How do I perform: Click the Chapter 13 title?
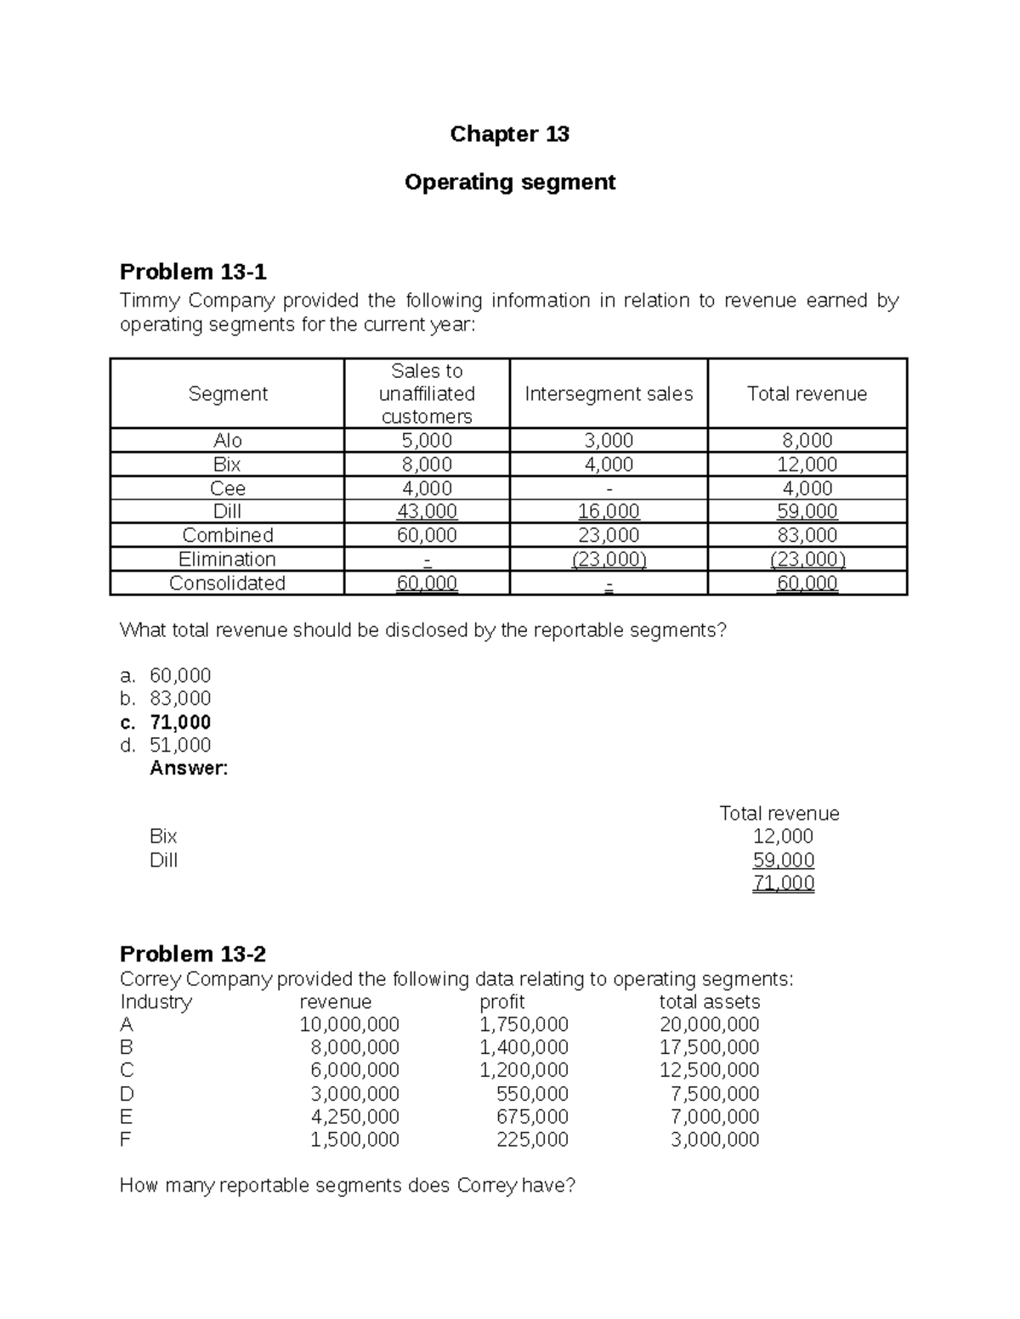click(x=509, y=134)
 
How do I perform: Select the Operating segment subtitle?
click(x=509, y=183)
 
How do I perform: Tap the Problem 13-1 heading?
click(x=193, y=272)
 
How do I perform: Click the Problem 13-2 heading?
click(x=193, y=954)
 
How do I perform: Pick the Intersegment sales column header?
click(x=609, y=394)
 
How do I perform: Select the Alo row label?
click(x=227, y=441)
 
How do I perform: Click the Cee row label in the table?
click(x=227, y=488)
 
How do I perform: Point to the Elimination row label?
click(x=227, y=560)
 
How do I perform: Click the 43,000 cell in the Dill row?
click(x=427, y=511)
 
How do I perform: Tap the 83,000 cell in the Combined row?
click(x=807, y=536)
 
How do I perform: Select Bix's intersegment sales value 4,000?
click(x=609, y=465)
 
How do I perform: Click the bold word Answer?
click(x=189, y=769)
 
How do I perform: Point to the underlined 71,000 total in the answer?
click(x=783, y=883)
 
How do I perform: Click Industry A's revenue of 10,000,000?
click(x=349, y=1025)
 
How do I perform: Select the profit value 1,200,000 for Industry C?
click(x=524, y=1070)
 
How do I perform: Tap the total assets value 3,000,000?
click(x=715, y=1140)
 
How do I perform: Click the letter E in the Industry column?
click(x=127, y=1117)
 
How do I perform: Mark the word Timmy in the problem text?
click(x=150, y=301)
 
